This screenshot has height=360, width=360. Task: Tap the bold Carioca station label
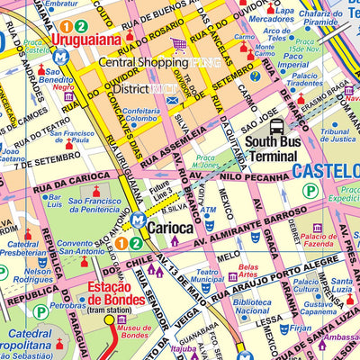pyautogui.click(x=170, y=229)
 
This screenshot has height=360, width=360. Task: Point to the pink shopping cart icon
pyautogui.click(x=179, y=44)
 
